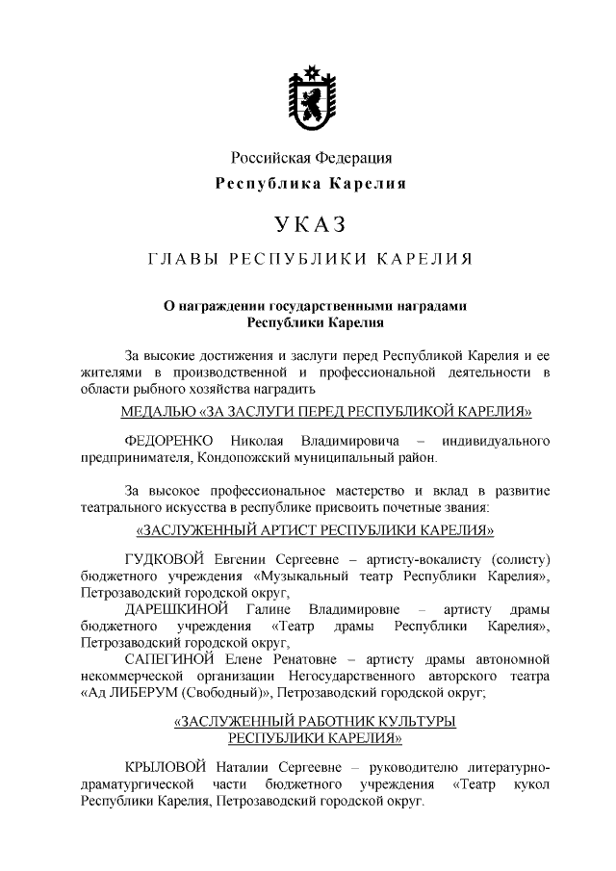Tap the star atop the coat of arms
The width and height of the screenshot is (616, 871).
tap(310, 70)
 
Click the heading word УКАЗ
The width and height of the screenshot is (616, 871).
tap(309, 224)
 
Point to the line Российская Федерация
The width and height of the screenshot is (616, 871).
tap(310, 157)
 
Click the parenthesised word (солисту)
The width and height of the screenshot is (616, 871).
tap(520, 559)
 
